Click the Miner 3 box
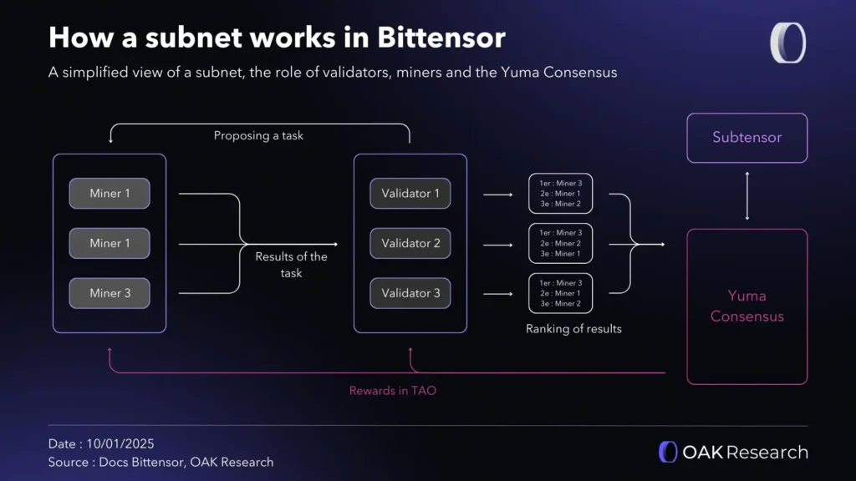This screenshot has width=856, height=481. [x=110, y=293]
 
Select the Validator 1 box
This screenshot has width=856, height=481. [x=410, y=194]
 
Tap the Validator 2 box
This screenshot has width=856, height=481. [x=410, y=244]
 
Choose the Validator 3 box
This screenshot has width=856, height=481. [x=410, y=293]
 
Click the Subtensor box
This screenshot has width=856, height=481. [x=746, y=138]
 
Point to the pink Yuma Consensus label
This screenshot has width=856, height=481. [x=746, y=306]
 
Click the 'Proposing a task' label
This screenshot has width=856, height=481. [x=258, y=135]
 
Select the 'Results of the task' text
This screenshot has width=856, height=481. [x=291, y=265]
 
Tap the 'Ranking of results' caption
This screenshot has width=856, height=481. [x=573, y=329]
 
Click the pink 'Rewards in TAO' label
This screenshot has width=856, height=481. [x=393, y=390]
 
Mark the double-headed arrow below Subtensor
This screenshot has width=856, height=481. [x=747, y=196]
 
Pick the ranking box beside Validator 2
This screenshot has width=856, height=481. [x=560, y=243]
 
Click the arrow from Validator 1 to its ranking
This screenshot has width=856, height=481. [x=497, y=195]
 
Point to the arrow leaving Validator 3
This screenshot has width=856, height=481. [x=497, y=294]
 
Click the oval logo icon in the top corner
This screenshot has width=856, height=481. [x=787, y=43]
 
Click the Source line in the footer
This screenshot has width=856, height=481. [x=160, y=462]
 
